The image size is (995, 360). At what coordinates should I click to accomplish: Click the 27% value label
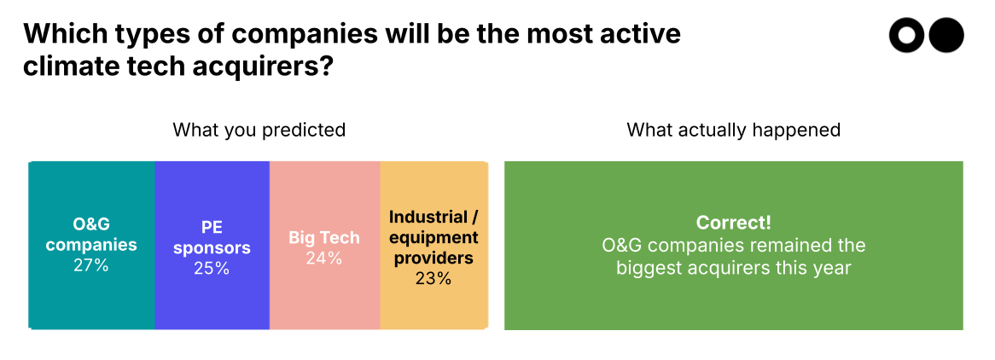coord(90,265)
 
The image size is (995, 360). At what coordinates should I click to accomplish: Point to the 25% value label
coord(212,269)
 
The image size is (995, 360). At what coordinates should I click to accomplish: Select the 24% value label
coord(324,258)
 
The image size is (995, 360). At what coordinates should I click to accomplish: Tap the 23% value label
coord(433,278)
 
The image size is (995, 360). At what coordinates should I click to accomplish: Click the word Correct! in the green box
coord(733,223)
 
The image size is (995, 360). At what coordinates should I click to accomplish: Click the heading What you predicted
coord(259,130)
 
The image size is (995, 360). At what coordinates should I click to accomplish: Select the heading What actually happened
coord(733,130)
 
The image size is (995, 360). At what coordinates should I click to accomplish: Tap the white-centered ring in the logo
coord(907,36)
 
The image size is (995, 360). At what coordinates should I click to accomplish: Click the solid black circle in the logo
coord(946,36)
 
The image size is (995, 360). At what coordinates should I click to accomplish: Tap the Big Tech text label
coord(324,238)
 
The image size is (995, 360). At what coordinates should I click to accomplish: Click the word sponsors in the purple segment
coord(212,248)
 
